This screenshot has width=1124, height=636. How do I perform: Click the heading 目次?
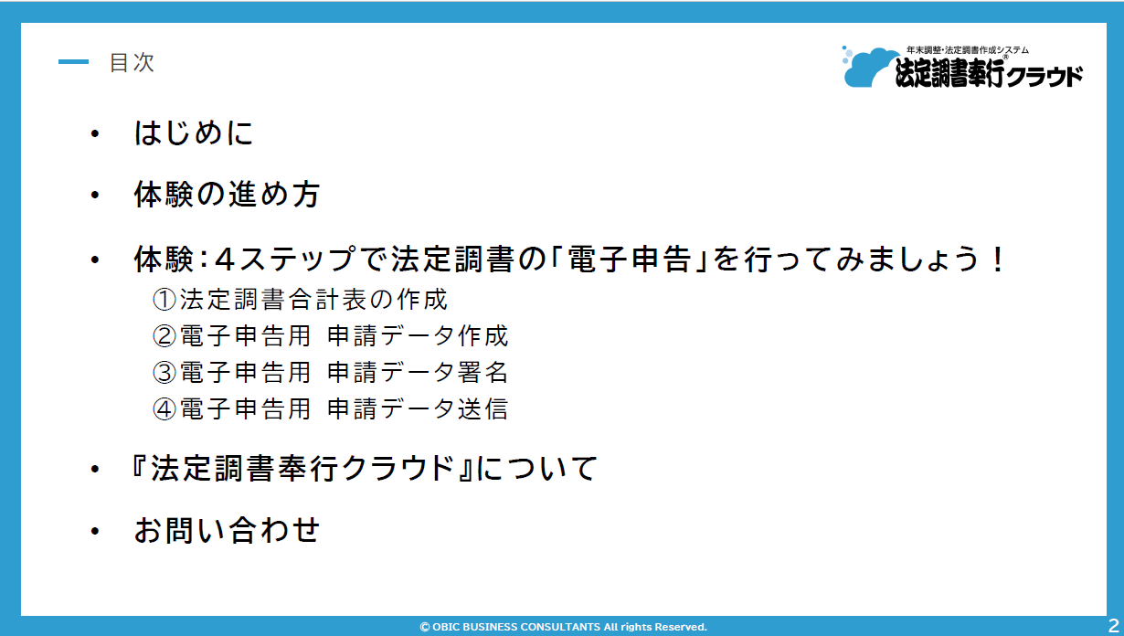(x=132, y=63)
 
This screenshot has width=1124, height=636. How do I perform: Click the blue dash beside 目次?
(x=73, y=62)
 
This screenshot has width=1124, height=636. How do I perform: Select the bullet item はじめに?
(x=194, y=132)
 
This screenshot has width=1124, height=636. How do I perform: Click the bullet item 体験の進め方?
(x=227, y=194)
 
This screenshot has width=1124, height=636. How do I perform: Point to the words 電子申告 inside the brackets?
(x=630, y=260)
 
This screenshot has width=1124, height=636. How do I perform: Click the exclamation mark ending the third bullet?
(x=998, y=260)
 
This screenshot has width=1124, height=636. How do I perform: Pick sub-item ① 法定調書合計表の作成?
(x=300, y=300)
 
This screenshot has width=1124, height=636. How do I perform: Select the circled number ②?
(x=164, y=336)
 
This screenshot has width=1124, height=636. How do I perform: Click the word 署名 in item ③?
(x=482, y=372)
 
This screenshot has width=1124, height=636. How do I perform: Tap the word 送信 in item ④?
(x=482, y=408)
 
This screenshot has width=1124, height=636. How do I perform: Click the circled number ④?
(x=164, y=408)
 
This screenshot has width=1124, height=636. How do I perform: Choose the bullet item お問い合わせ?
(x=227, y=530)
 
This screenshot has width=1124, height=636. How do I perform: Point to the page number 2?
(x=1113, y=625)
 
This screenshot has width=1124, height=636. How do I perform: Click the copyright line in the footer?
(x=564, y=627)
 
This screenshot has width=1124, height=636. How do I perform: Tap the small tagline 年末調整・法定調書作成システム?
(x=968, y=50)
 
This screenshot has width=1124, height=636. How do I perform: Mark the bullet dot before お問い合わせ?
(x=95, y=531)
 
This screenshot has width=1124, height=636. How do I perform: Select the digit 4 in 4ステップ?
(x=224, y=260)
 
